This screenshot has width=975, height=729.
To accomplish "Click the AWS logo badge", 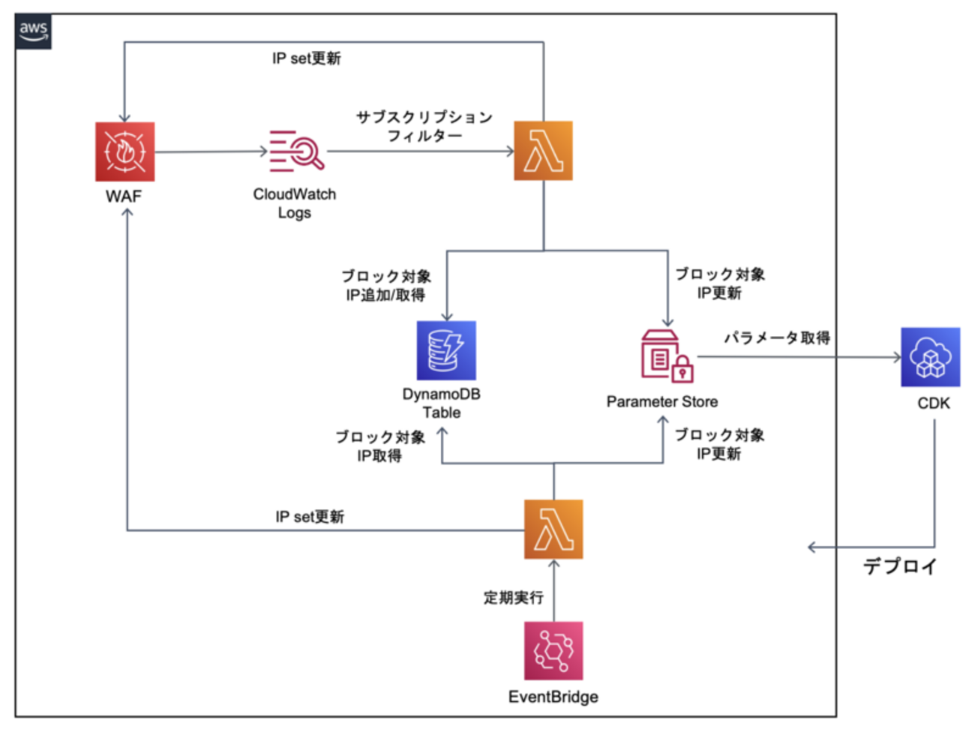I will click(x=34, y=31).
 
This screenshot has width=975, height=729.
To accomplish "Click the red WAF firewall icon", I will click(x=124, y=151).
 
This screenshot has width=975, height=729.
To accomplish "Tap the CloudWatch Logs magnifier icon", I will click(x=296, y=151).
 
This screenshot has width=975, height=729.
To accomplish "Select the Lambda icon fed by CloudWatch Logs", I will click(x=543, y=151).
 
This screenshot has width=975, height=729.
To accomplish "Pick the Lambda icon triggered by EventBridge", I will click(x=553, y=529).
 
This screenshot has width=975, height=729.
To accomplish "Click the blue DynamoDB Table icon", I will click(x=446, y=351).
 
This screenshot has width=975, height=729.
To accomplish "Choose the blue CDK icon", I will click(x=930, y=357).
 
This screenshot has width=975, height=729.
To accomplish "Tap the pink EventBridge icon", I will click(x=553, y=650).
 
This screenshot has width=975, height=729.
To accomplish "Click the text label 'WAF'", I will click(x=124, y=196).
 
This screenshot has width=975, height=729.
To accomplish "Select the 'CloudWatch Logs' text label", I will click(x=294, y=203).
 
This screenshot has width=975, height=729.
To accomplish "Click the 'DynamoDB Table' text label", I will click(x=441, y=403).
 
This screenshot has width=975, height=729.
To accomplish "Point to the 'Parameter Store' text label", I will click(x=661, y=402).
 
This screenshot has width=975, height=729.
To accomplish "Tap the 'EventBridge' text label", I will click(x=553, y=697).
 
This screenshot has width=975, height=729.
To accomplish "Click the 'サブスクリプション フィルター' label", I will click(x=424, y=126).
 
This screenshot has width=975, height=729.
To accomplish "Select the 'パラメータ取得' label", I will click(x=777, y=337).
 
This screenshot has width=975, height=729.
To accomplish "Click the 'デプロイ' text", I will click(x=900, y=566).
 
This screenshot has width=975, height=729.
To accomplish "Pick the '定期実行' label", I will click(x=513, y=597).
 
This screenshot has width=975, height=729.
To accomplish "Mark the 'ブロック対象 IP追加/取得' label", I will click(x=386, y=286).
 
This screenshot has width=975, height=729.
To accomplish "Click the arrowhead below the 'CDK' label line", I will click(x=811, y=547).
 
